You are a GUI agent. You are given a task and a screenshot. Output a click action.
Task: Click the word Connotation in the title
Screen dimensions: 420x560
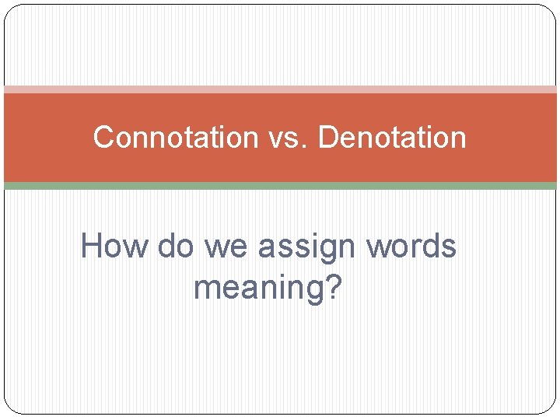[x=175, y=138]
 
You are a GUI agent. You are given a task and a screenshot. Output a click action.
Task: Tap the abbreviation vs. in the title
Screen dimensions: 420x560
[x=288, y=138]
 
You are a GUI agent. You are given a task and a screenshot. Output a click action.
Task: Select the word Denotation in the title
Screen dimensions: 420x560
[x=393, y=138]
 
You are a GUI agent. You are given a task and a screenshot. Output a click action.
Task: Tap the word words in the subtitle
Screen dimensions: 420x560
[x=411, y=247]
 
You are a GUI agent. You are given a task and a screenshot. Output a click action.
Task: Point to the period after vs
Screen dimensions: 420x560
[x=307, y=147]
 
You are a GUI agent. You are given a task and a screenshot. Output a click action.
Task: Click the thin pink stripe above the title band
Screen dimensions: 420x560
[x=280, y=89]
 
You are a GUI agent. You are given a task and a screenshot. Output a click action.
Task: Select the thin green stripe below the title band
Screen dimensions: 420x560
[x=280, y=186]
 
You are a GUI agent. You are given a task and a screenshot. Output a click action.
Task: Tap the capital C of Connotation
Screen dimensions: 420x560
[x=103, y=138]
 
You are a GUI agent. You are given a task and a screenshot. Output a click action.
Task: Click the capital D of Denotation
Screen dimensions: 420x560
[x=327, y=138]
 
